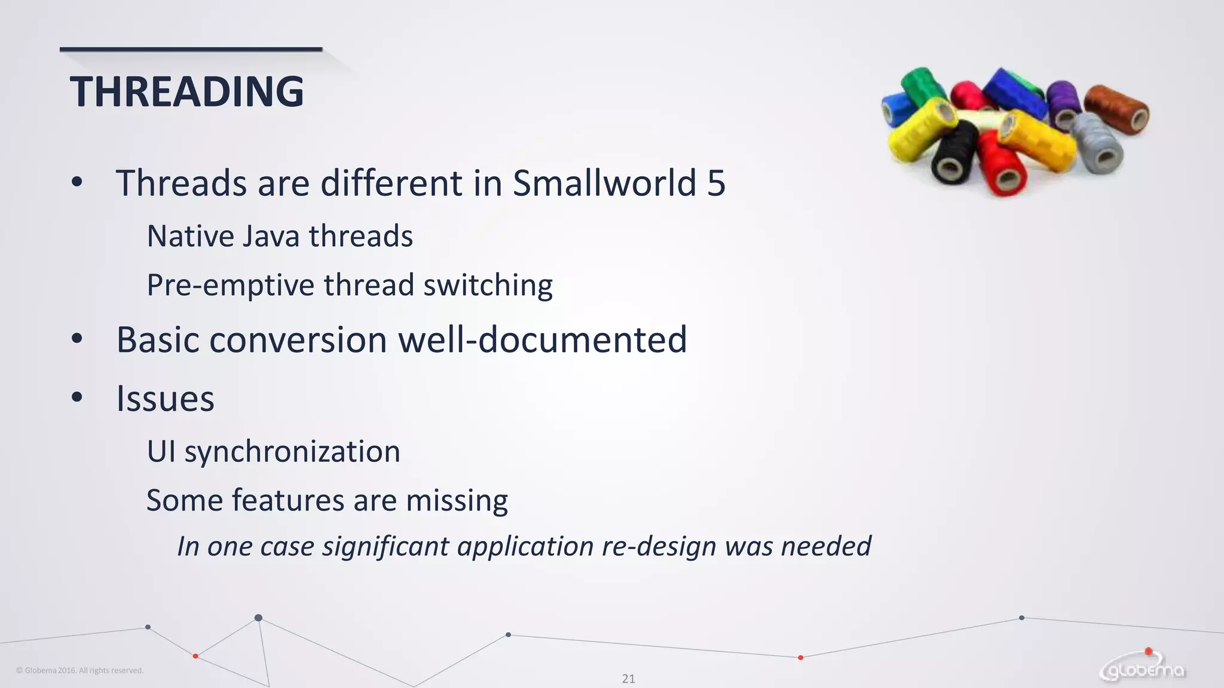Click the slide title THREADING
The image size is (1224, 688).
[x=186, y=92]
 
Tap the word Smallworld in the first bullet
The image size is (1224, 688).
[x=604, y=183]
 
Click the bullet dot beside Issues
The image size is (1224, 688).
[x=76, y=397]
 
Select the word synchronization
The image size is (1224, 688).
[x=292, y=451]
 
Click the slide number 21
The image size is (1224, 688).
[x=628, y=678]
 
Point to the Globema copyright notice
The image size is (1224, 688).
[x=79, y=670]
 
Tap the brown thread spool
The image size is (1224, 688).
[x=1115, y=107]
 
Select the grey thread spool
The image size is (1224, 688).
[x=1097, y=142]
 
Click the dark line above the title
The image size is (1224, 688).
[x=191, y=50]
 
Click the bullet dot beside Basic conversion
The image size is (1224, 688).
[x=76, y=339]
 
